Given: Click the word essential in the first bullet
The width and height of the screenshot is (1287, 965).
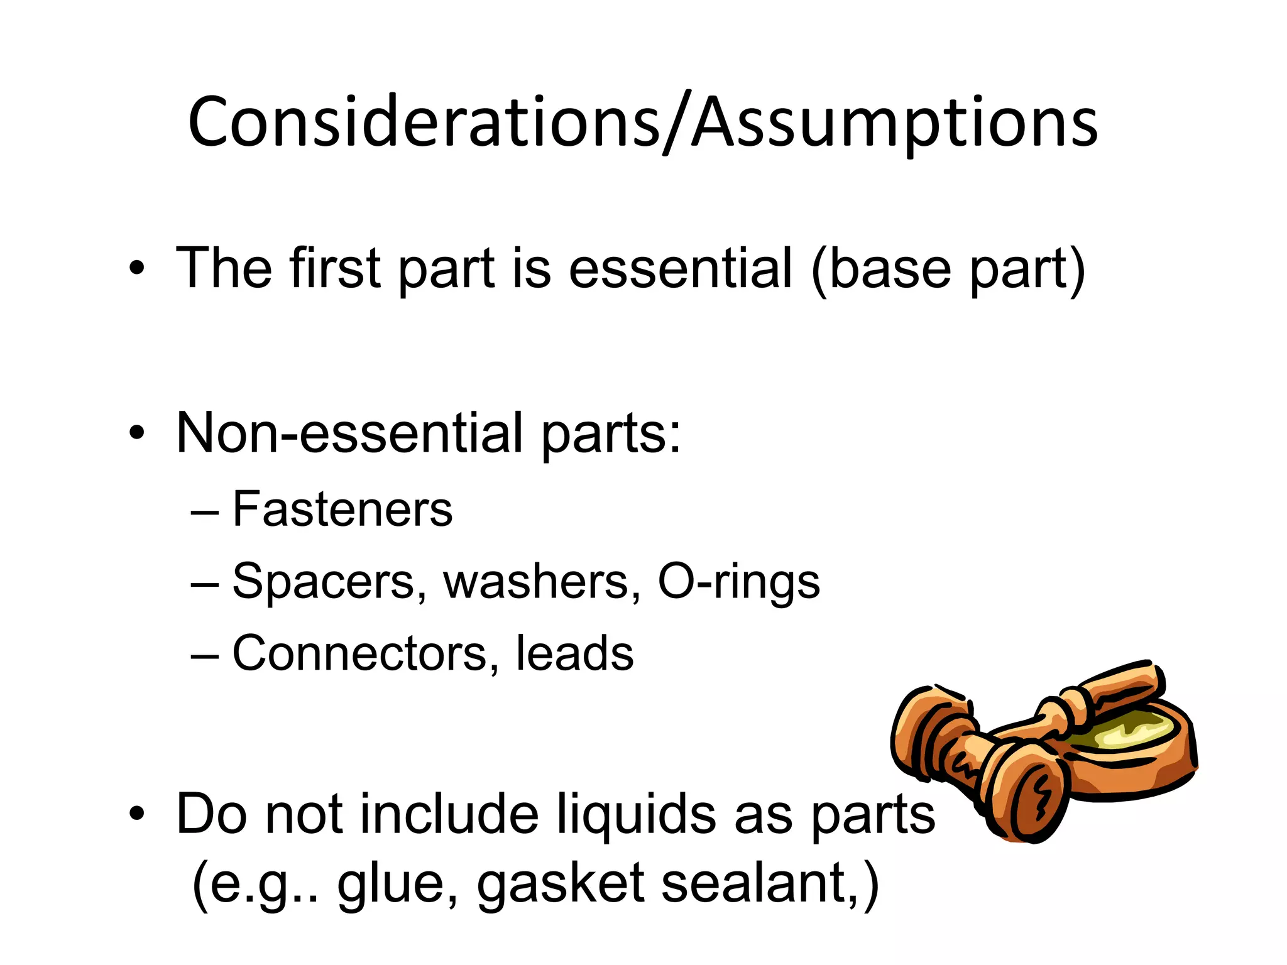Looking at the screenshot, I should click(680, 268).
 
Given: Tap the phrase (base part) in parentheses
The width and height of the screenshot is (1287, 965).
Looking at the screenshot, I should click(948, 270).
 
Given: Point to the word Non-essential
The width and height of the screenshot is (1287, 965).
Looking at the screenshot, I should click(349, 433).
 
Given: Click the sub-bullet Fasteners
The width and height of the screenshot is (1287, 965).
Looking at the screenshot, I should click(342, 509).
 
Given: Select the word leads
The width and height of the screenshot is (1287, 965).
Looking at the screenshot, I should click(574, 653).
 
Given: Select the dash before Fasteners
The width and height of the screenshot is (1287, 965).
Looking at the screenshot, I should click(205, 510).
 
